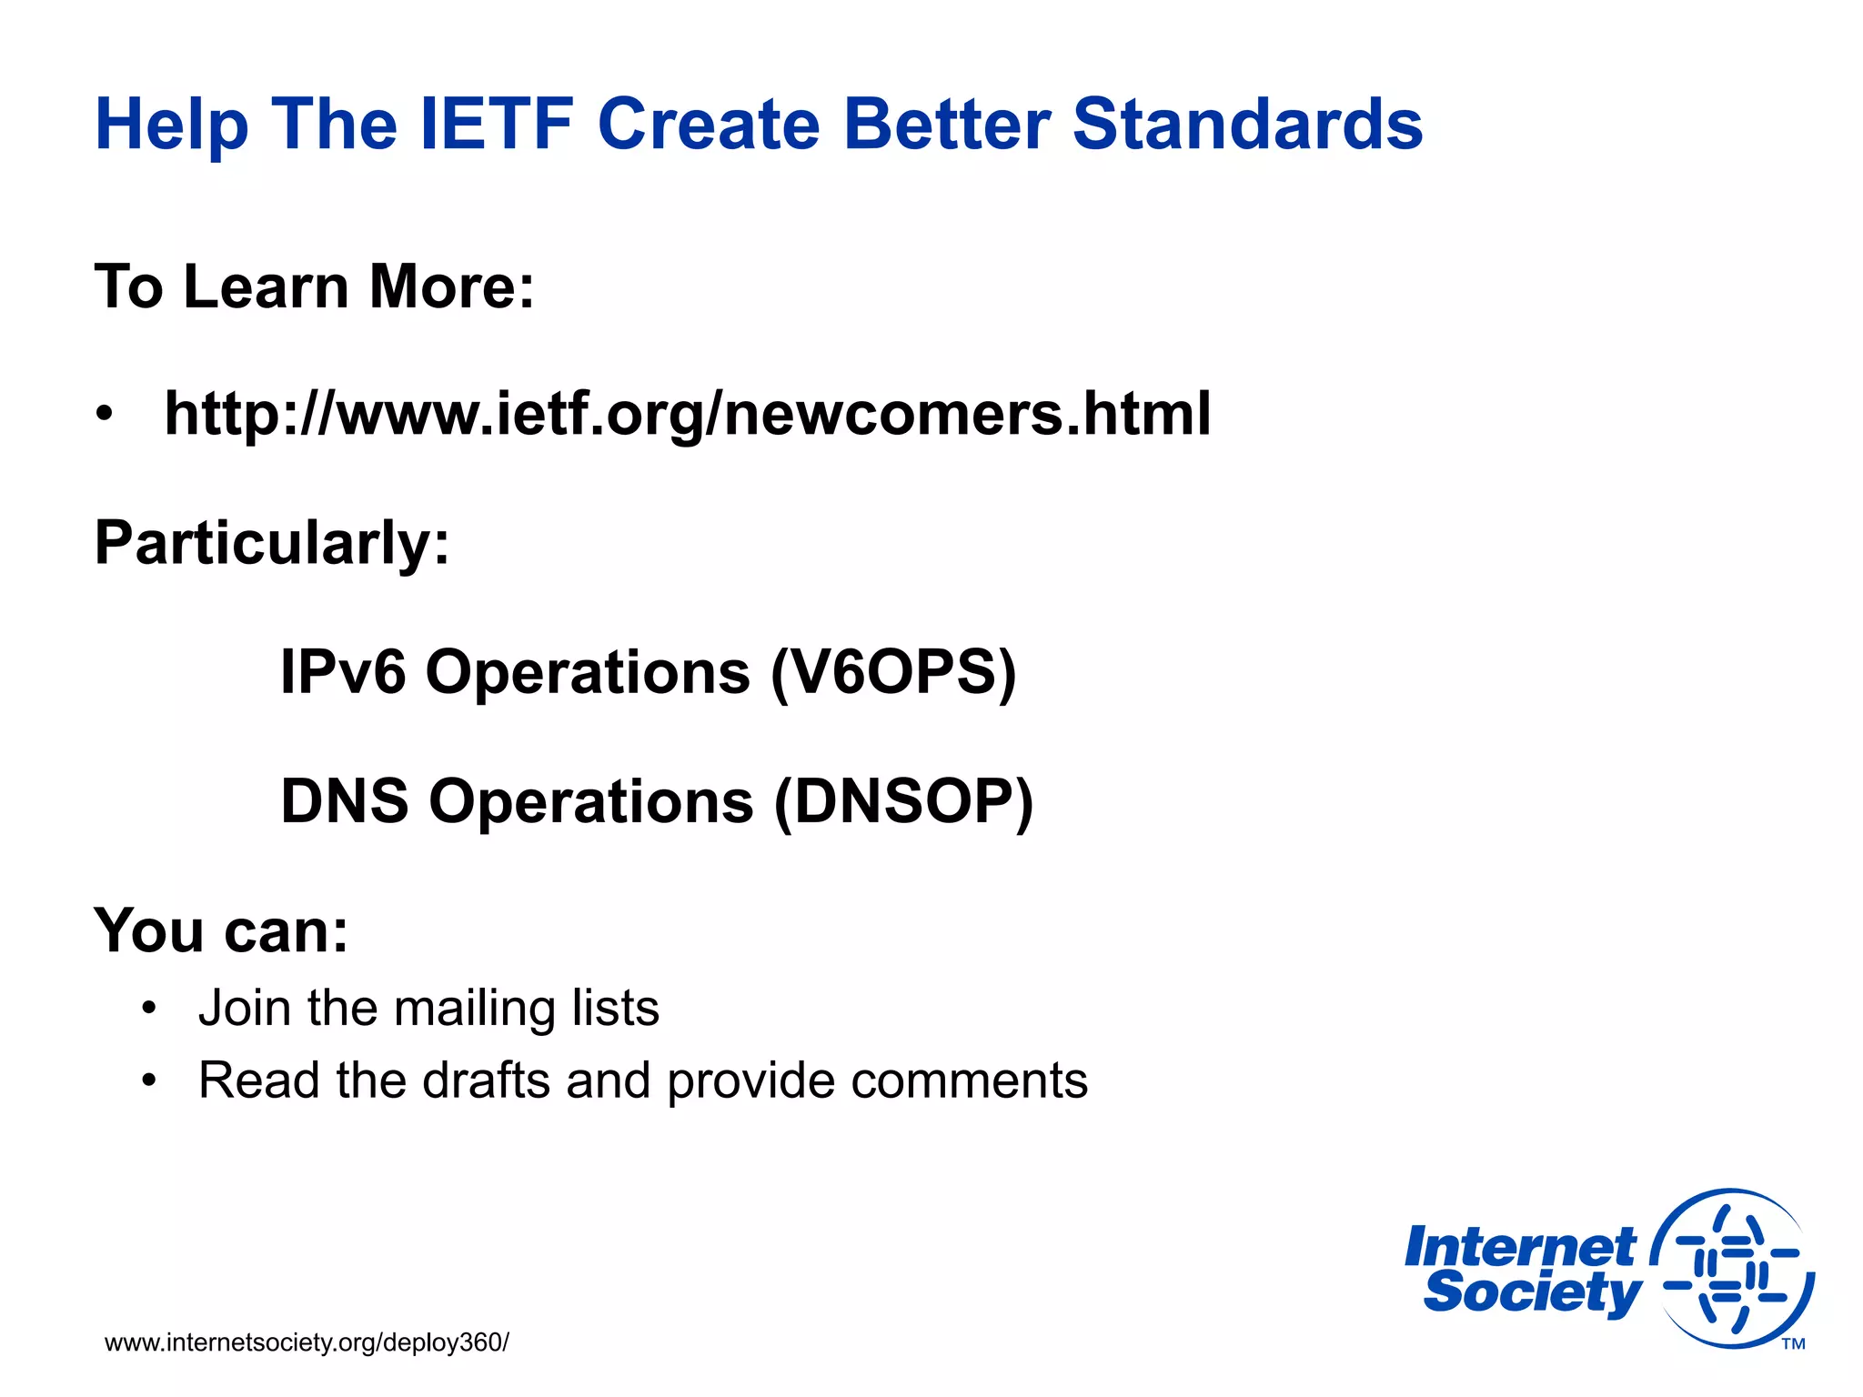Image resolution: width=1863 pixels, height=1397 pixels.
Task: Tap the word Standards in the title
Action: (1247, 125)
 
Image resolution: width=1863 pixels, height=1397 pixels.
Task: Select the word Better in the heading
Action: (946, 125)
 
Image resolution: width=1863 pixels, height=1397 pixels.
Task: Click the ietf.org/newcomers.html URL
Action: (687, 415)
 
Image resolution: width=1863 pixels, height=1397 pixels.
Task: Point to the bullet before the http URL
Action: (106, 415)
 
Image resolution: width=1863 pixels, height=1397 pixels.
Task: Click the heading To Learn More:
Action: (314, 287)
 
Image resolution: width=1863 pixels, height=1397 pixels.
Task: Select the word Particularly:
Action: (271, 544)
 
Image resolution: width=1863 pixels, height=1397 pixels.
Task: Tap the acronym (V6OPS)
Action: (893, 673)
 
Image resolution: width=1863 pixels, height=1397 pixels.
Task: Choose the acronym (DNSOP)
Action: (903, 802)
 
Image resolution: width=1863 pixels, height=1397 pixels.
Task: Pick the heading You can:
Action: (221, 931)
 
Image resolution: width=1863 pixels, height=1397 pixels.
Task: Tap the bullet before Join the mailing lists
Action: (149, 1009)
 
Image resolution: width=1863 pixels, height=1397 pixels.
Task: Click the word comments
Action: (969, 1081)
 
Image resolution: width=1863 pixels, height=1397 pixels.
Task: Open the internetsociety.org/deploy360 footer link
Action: (307, 1343)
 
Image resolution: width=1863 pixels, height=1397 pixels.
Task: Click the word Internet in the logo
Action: (1519, 1248)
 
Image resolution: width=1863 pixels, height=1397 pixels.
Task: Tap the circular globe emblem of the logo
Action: (1732, 1270)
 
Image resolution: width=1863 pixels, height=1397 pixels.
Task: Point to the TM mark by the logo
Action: (1793, 1344)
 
